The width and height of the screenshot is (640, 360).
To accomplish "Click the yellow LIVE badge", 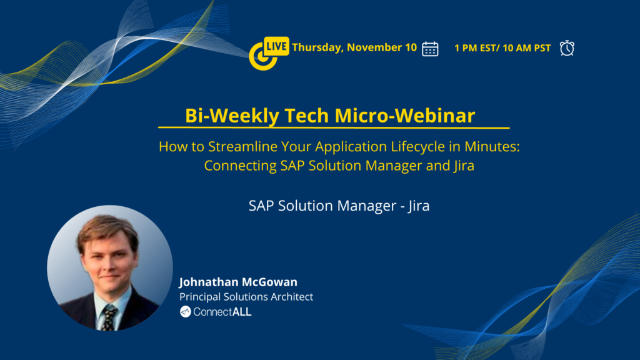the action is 276,46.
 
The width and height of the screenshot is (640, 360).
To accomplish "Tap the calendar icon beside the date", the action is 430,49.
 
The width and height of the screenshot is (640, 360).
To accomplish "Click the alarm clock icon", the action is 567,48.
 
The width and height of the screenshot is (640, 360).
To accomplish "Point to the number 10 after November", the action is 411,47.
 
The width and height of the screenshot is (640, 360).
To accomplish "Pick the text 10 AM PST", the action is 526,48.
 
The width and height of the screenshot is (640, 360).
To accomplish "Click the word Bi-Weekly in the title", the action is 232,116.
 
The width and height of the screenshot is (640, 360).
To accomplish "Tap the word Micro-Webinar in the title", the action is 404,116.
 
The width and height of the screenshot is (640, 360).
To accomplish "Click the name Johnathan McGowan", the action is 238,282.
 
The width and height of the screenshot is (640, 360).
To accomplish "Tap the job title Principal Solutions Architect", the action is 246,297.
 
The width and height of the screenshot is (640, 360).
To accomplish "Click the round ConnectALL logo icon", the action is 185,312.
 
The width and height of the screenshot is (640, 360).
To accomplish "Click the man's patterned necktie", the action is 109,317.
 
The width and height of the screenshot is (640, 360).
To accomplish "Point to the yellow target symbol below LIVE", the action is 262,57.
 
